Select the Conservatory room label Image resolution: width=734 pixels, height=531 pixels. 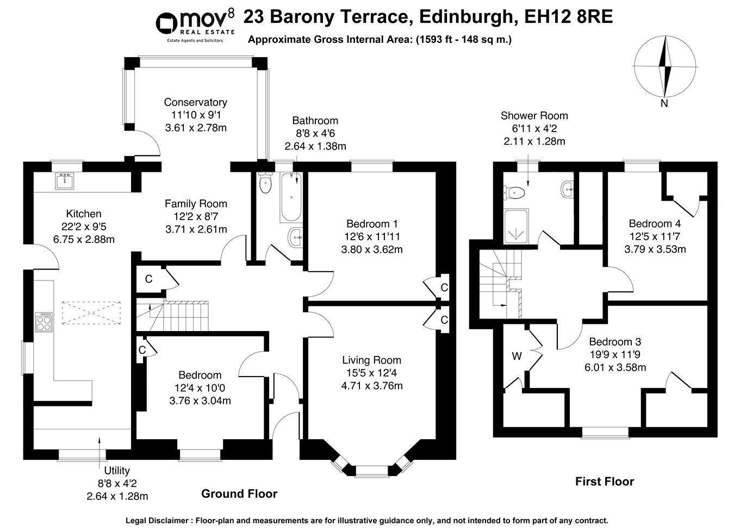click(x=195, y=102)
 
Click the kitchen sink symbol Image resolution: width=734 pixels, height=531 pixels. click(x=64, y=182)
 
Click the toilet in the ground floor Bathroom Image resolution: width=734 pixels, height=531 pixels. click(x=265, y=183)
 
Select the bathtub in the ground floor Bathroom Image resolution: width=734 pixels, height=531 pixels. click(x=290, y=198)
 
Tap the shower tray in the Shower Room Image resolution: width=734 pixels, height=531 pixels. click(x=515, y=227)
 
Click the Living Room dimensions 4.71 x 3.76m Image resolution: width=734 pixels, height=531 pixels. click(x=371, y=386)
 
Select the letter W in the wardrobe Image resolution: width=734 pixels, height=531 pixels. click(x=517, y=357)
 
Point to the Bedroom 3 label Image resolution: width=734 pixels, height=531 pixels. click(x=615, y=342)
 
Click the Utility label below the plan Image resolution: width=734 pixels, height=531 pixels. click(x=117, y=471)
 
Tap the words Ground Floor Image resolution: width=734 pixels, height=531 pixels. click(x=239, y=493)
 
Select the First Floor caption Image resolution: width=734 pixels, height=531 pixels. click(x=605, y=481)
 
